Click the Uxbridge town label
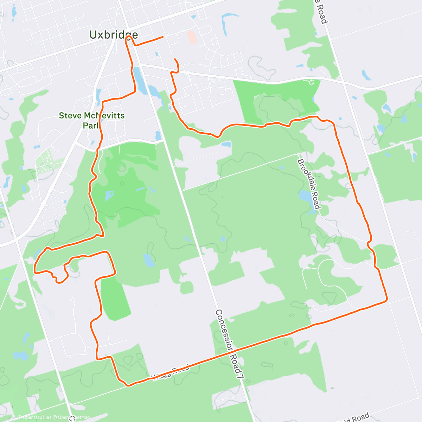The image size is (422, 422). tap(113, 34)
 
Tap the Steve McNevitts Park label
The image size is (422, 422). tap(91, 120)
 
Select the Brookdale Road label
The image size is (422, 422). tap(309, 183)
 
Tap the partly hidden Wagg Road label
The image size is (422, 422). tap(171, 373)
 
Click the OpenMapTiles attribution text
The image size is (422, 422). tap(37, 417)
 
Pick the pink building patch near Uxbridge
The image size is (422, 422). tap(192, 37)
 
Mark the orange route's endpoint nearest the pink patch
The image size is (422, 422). tap(163, 37)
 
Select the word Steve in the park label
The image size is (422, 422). tap(69, 115)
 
